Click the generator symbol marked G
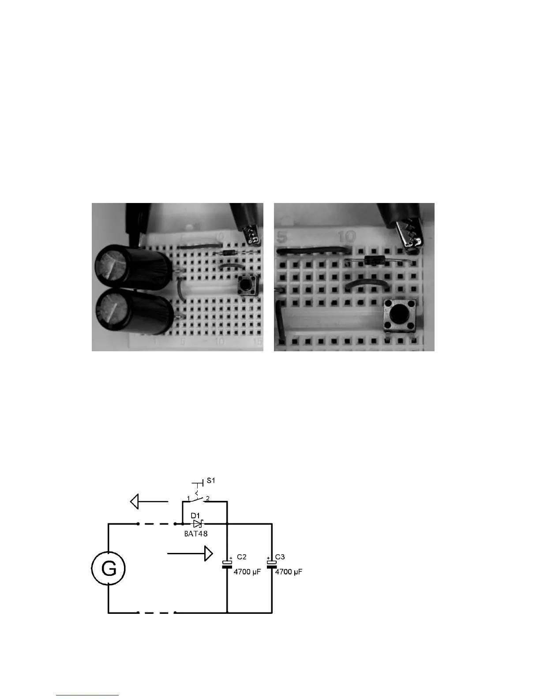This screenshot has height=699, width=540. click(x=109, y=569)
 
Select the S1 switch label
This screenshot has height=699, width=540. click(x=210, y=481)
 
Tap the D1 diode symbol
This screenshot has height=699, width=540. click(x=197, y=524)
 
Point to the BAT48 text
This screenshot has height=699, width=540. click(x=196, y=533)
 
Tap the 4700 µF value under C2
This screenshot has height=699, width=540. click(x=247, y=572)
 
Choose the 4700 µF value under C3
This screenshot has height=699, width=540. click(x=289, y=572)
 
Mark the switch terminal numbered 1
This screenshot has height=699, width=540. click(x=188, y=499)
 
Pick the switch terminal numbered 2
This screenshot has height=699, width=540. click(x=207, y=499)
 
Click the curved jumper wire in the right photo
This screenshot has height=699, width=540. click(x=367, y=282)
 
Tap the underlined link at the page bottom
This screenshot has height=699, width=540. click(x=87, y=695)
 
